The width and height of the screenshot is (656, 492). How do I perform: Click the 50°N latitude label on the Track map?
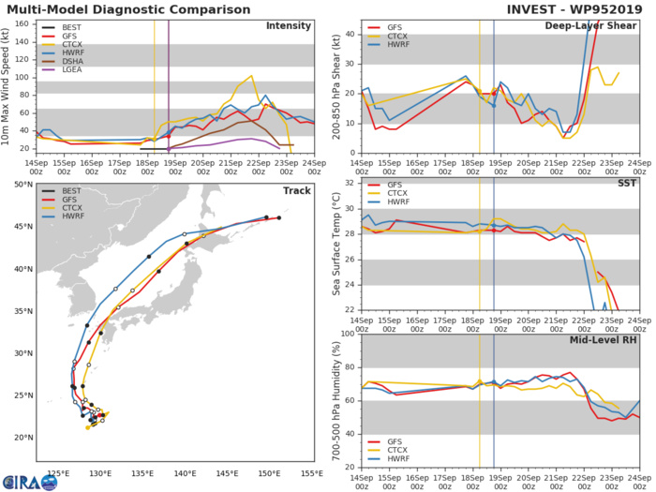[22, 185]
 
